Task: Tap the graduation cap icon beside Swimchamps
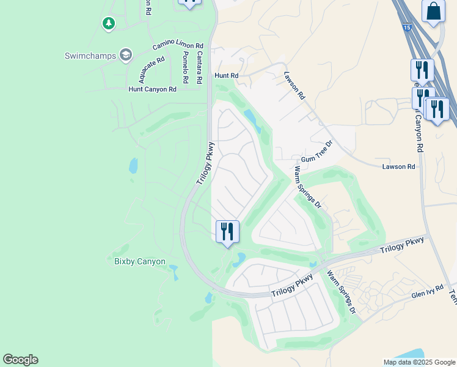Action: point(126,55)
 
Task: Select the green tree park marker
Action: point(108,23)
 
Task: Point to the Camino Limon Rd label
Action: point(178,45)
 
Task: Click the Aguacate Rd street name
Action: point(152,70)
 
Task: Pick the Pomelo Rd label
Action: point(185,67)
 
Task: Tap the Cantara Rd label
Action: point(199,67)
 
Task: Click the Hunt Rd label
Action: point(225,75)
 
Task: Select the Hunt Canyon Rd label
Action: point(152,89)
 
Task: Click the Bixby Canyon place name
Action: point(140,261)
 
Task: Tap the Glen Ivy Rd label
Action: point(426,294)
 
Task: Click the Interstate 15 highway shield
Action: point(407,27)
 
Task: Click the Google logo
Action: point(20,360)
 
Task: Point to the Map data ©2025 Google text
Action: point(419,361)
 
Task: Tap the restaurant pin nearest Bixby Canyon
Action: point(227,232)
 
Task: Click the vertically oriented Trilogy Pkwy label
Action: point(206,164)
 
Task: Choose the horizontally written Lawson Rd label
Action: point(398,166)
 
